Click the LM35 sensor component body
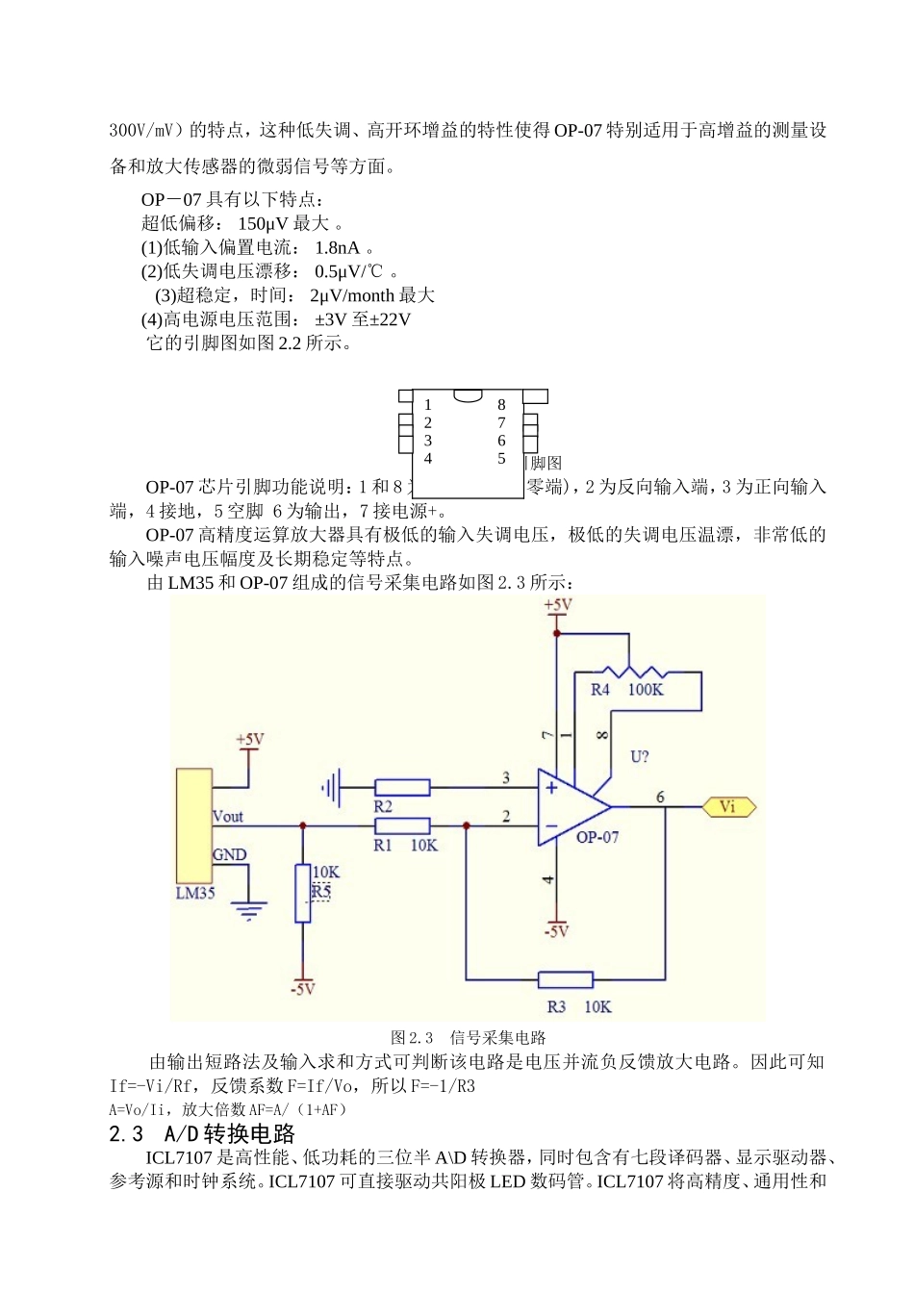pyautogui.click(x=193, y=825)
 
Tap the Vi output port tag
pyautogui.click(x=728, y=807)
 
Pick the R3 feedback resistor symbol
pyautogui.click(x=565, y=980)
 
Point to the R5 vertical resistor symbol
pyautogui.click(x=303, y=894)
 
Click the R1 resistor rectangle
pyautogui.click(x=401, y=825)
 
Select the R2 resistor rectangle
pyautogui.click(x=401, y=788)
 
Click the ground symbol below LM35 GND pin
pyautogui.click(x=249, y=909)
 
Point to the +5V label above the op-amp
pyautogui.click(x=558, y=605)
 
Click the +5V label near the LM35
pyautogui.click(x=249, y=740)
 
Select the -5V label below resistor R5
pyautogui.click(x=303, y=989)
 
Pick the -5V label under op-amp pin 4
pyautogui.click(x=556, y=931)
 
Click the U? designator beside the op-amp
pyautogui.click(x=640, y=757)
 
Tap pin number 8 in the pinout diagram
pyautogui.click(x=501, y=405)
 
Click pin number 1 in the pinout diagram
pyautogui.click(x=428, y=405)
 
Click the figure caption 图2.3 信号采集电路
pyautogui.click(x=469, y=1037)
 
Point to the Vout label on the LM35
pyautogui.click(x=228, y=817)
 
